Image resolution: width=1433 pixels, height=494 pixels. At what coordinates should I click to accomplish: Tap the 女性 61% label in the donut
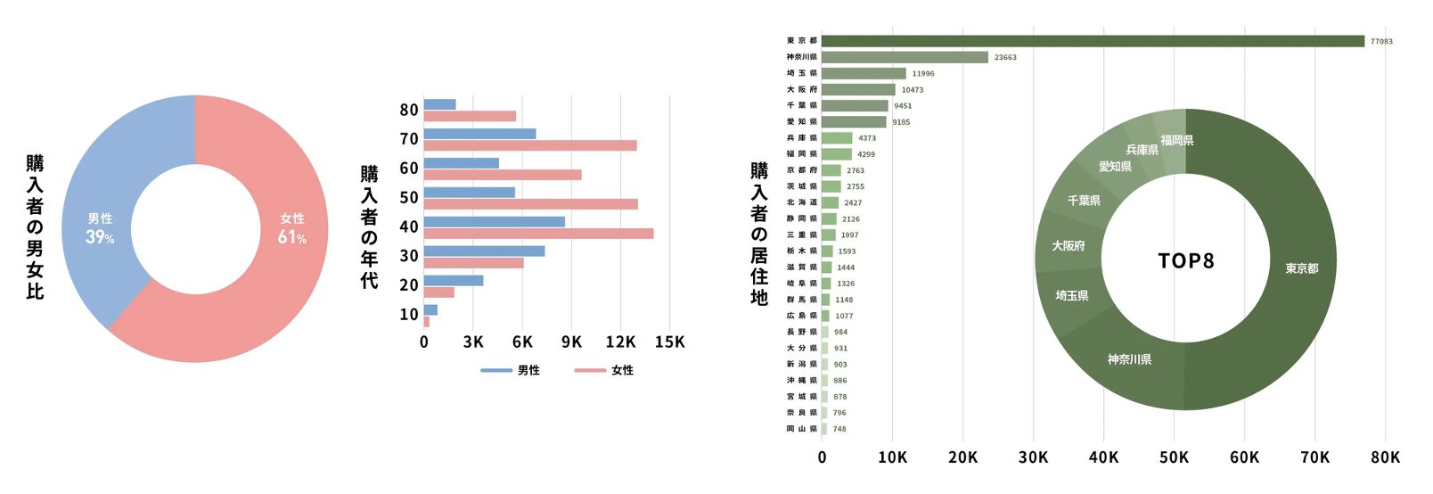tap(292, 228)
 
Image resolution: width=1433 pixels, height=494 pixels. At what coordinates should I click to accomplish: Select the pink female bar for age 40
tap(538, 234)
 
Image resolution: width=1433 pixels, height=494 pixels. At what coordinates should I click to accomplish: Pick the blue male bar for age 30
tap(484, 251)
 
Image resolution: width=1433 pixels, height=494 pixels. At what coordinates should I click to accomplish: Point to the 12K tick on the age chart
tap(620, 342)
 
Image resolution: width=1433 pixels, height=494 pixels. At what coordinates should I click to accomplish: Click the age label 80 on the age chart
tap(409, 110)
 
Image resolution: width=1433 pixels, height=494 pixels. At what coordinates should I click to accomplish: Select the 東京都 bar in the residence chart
tap(1093, 41)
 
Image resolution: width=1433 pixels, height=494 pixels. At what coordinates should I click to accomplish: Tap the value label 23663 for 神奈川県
tap(1005, 57)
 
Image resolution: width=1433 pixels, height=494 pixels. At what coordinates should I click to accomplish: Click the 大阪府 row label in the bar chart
tap(801, 89)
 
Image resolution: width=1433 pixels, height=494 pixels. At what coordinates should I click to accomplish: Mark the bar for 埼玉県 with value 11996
tap(864, 73)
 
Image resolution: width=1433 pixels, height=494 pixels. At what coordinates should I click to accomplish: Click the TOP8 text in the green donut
tap(1185, 260)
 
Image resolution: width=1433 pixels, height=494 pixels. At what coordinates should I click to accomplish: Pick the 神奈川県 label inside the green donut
tap(1129, 359)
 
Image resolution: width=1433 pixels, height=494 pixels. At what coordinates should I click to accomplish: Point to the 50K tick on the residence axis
tap(1174, 457)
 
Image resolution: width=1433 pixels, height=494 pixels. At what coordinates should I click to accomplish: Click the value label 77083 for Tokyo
tap(1381, 41)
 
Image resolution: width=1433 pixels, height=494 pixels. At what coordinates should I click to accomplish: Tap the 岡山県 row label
tap(801, 429)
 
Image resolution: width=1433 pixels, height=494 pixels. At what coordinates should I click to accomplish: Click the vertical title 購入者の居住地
tap(758, 234)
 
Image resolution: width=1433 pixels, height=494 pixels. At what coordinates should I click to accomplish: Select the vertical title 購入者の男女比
tap(35, 226)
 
